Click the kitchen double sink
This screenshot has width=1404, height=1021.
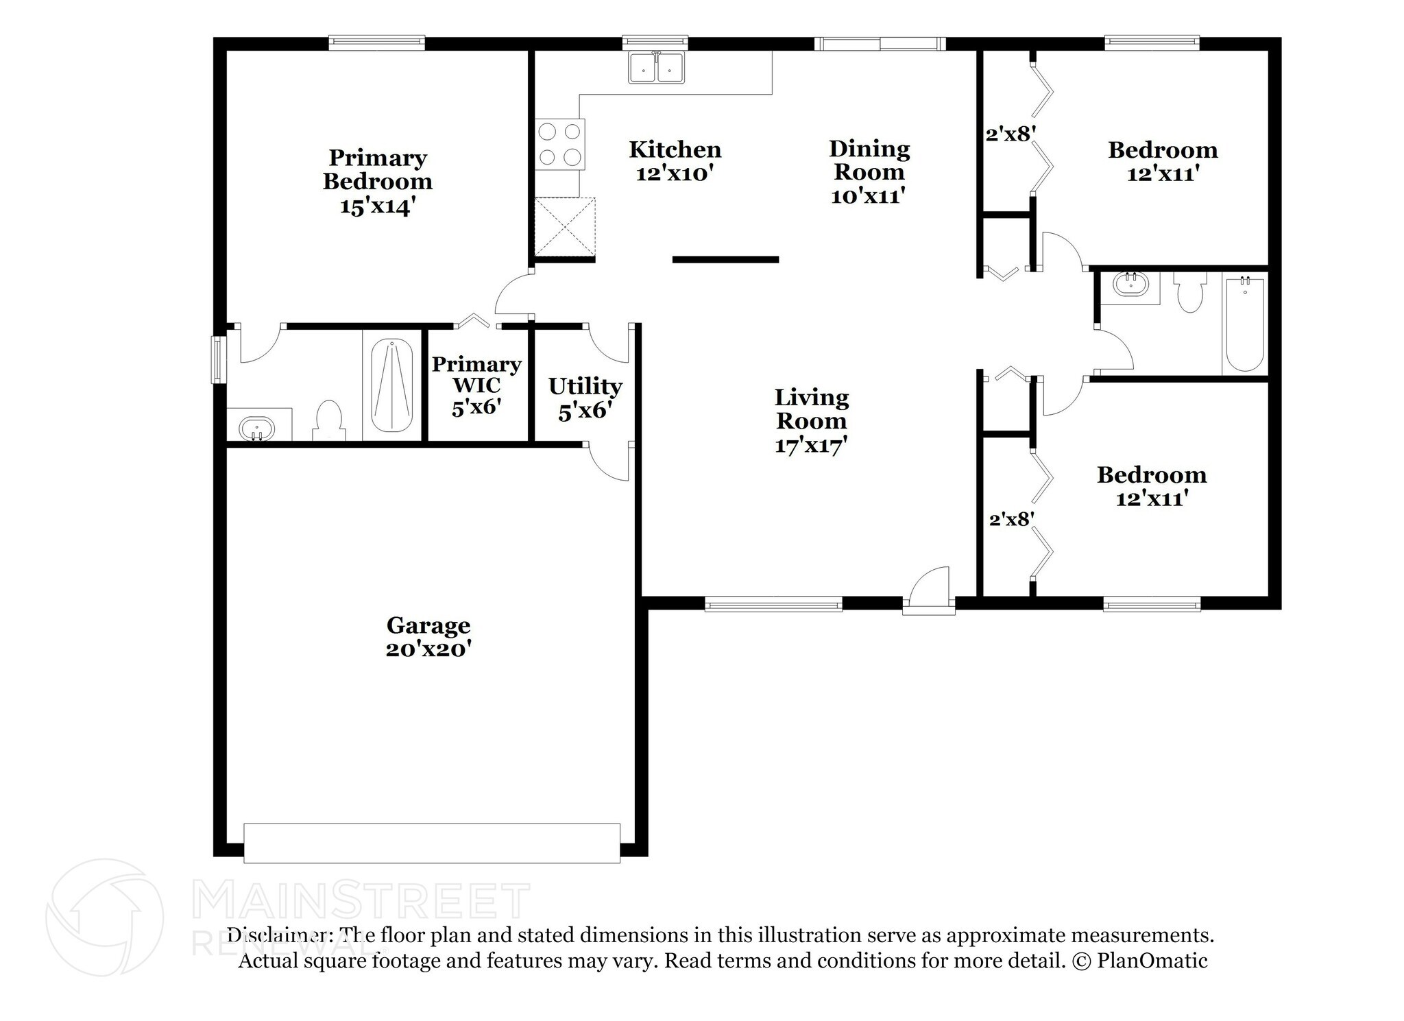click(x=657, y=68)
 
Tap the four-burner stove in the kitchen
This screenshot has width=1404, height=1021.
click(x=560, y=144)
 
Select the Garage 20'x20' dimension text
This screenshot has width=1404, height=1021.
click(x=428, y=649)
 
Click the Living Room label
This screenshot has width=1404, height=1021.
click(x=812, y=409)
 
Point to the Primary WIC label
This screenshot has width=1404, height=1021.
click(x=476, y=374)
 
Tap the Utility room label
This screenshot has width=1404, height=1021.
click(x=585, y=386)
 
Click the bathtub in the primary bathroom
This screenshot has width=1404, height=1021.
click(x=392, y=385)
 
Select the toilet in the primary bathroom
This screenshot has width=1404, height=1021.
click(x=328, y=420)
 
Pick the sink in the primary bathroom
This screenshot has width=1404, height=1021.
click(x=257, y=429)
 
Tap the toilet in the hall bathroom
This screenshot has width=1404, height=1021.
click(x=1189, y=292)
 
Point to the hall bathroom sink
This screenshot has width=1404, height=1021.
click(x=1130, y=283)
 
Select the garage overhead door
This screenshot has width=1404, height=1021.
click(x=432, y=843)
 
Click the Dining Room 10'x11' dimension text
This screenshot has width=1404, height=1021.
click(x=869, y=196)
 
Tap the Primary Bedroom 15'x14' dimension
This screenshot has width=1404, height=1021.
click(x=378, y=206)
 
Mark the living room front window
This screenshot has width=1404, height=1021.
click(x=773, y=603)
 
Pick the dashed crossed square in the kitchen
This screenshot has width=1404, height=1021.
click(x=565, y=227)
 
